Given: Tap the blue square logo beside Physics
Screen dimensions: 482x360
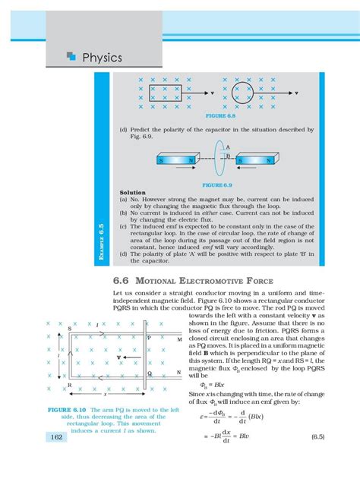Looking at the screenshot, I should pos(71,55).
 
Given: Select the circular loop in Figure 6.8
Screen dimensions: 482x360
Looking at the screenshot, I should pos(245,96).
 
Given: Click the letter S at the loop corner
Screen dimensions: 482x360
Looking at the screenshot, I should pos(70,329).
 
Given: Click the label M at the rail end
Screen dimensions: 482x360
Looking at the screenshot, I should pos(179,340).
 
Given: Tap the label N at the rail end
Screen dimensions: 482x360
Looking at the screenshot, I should pos(179,372).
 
